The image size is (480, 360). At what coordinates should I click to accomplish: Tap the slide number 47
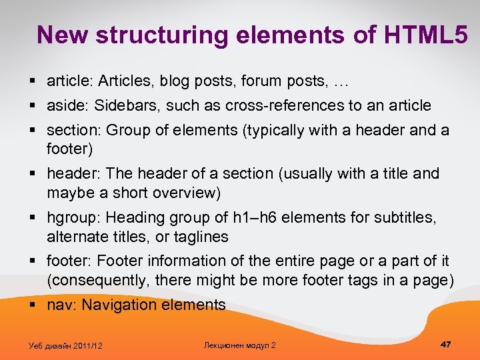pos(446,344)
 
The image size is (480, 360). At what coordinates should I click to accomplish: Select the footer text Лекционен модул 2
pos(239,345)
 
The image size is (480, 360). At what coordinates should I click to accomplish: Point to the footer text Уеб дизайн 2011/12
pos(66,345)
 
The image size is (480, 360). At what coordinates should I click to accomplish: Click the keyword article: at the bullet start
pos(70,82)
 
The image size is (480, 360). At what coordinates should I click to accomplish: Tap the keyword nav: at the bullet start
pos(62,305)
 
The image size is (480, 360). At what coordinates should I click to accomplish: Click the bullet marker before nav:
pos(33,305)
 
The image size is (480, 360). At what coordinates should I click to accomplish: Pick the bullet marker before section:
pos(33,130)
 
